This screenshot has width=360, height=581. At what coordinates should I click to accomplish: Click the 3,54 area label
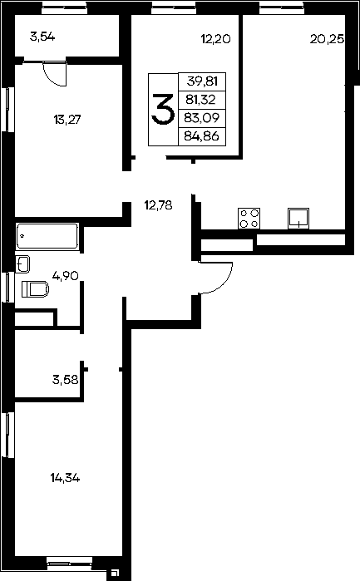coord(42,37)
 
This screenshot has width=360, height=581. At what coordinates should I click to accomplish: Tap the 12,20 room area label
coord(216,38)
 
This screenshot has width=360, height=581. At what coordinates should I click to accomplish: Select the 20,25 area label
coord(327,39)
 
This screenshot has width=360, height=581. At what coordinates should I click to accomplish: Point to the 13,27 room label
coord(67,120)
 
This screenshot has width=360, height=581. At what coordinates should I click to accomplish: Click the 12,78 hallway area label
coord(158,205)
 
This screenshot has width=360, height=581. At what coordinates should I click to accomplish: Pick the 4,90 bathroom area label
coord(65,276)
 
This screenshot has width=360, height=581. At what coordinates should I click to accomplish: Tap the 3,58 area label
coord(65,379)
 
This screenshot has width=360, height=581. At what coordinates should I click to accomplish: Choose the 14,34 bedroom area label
coord(65,478)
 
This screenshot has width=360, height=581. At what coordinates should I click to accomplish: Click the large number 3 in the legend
coord(163,110)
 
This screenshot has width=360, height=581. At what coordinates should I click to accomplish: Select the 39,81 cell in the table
coord(202,81)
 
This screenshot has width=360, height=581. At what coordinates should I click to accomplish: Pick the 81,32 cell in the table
coord(200,99)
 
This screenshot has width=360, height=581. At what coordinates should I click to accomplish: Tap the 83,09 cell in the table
coord(202,118)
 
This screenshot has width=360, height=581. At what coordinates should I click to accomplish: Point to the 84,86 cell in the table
coord(202,136)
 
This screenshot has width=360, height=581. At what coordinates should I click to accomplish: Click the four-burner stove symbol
coord(249,219)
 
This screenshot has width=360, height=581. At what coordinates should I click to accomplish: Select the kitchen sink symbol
coord(298,219)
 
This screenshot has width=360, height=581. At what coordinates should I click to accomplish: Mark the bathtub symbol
coord(47,236)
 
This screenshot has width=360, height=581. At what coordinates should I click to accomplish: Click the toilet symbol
coord(36,289)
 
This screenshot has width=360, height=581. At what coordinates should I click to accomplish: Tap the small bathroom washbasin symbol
coord(23,264)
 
